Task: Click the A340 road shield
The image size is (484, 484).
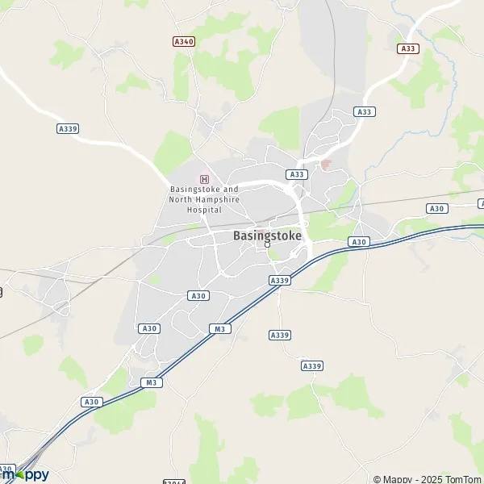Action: coord(184,40)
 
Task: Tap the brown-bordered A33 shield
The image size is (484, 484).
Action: coord(408,48)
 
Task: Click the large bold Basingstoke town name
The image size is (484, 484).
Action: coord(268,236)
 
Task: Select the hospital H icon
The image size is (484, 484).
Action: coord(204,179)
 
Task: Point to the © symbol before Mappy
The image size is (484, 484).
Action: coord(377,479)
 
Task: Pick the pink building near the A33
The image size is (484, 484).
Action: coord(325,165)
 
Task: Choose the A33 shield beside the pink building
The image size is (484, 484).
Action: coord(297,174)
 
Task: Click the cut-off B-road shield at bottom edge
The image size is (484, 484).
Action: coord(174,482)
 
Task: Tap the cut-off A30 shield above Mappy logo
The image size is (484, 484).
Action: coord(6,469)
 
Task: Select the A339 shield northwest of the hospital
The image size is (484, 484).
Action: coord(68,128)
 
